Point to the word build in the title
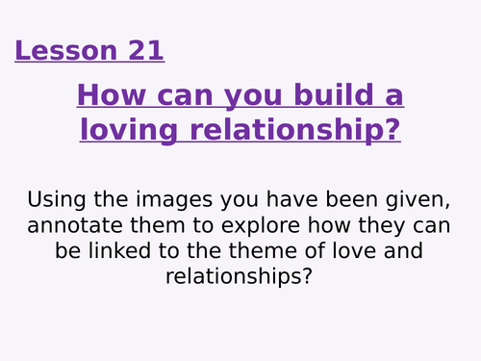[333, 96]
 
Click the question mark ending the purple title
[392, 128]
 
